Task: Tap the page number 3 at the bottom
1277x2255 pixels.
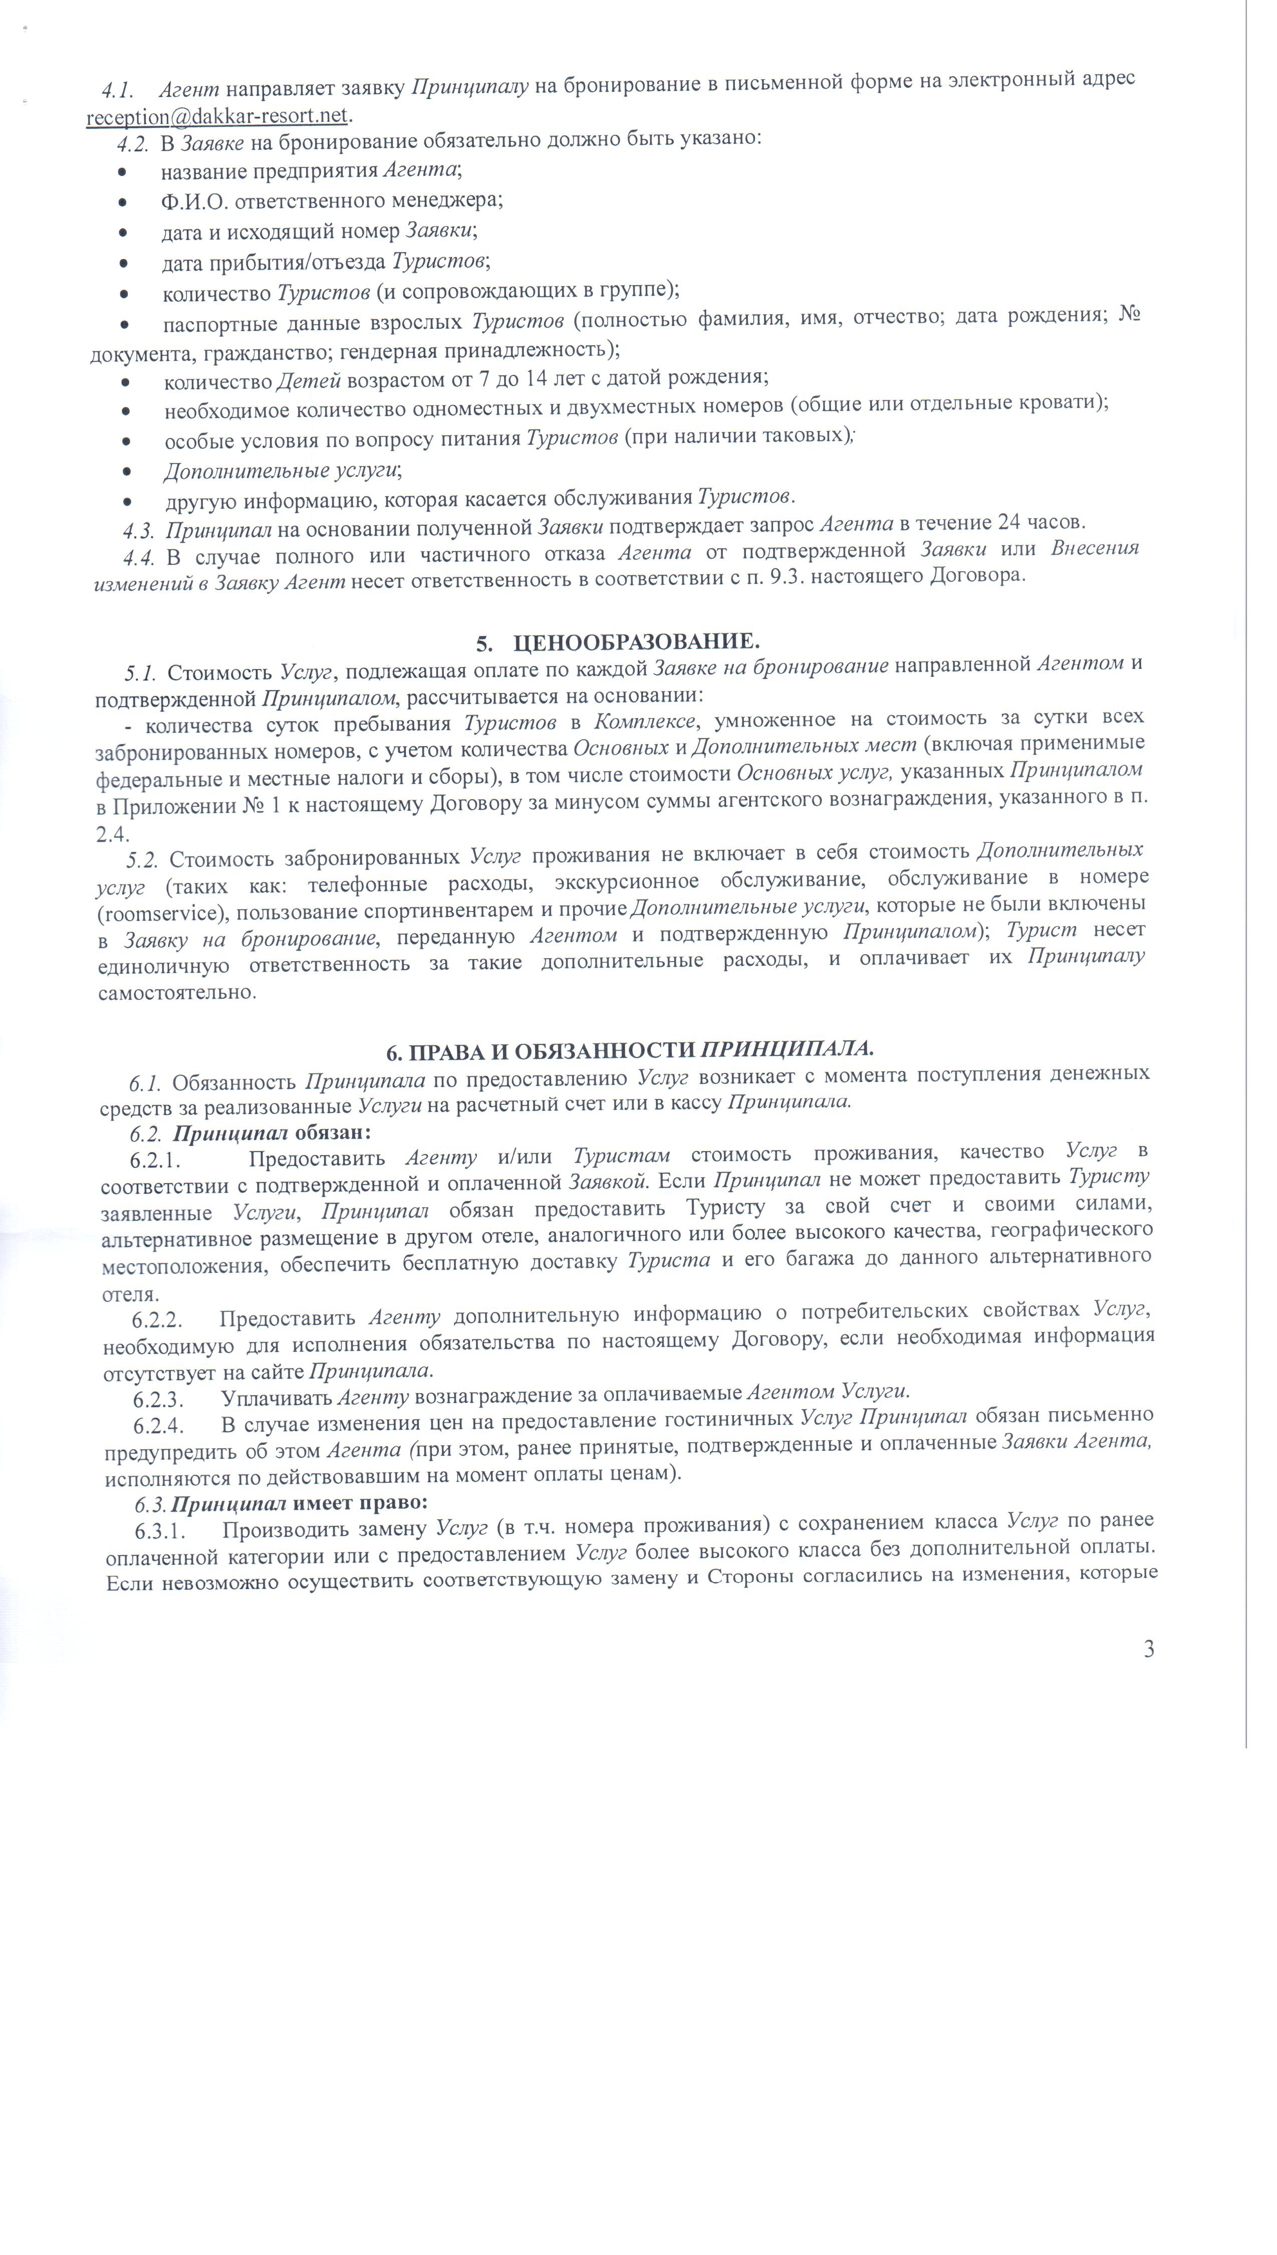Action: coord(1149,1650)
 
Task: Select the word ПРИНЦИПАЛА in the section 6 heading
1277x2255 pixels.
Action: coord(788,1049)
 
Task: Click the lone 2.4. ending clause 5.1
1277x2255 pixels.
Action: coord(112,834)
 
